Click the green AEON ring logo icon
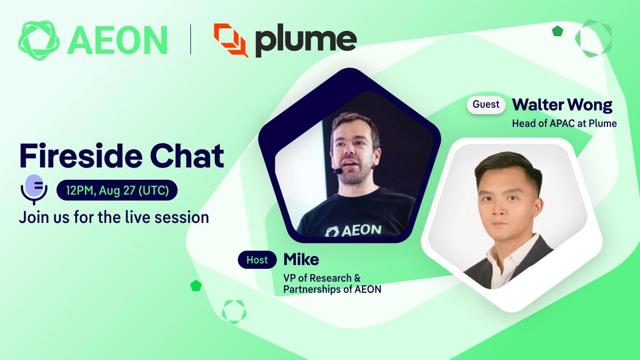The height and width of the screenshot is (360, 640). [39, 41]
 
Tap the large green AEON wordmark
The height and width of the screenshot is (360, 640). [117, 41]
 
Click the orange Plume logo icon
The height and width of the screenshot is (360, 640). [231, 40]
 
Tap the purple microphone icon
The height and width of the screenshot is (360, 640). [34, 189]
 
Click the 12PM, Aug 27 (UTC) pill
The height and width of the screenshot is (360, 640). [117, 190]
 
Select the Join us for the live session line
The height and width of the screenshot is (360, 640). [114, 218]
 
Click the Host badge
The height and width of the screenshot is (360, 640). [257, 260]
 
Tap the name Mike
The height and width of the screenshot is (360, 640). [301, 259]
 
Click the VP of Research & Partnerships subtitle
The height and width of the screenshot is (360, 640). [332, 283]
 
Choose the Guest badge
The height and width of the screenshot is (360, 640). [486, 105]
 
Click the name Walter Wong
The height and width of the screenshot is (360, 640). [562, 105]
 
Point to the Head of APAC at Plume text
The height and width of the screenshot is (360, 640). [564, 123]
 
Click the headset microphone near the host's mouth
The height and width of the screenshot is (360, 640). [338, 171]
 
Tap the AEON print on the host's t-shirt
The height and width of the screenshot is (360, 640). [353, 230]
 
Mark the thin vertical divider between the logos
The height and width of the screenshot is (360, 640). [190, 39]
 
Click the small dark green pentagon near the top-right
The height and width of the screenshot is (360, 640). [557, 31]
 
